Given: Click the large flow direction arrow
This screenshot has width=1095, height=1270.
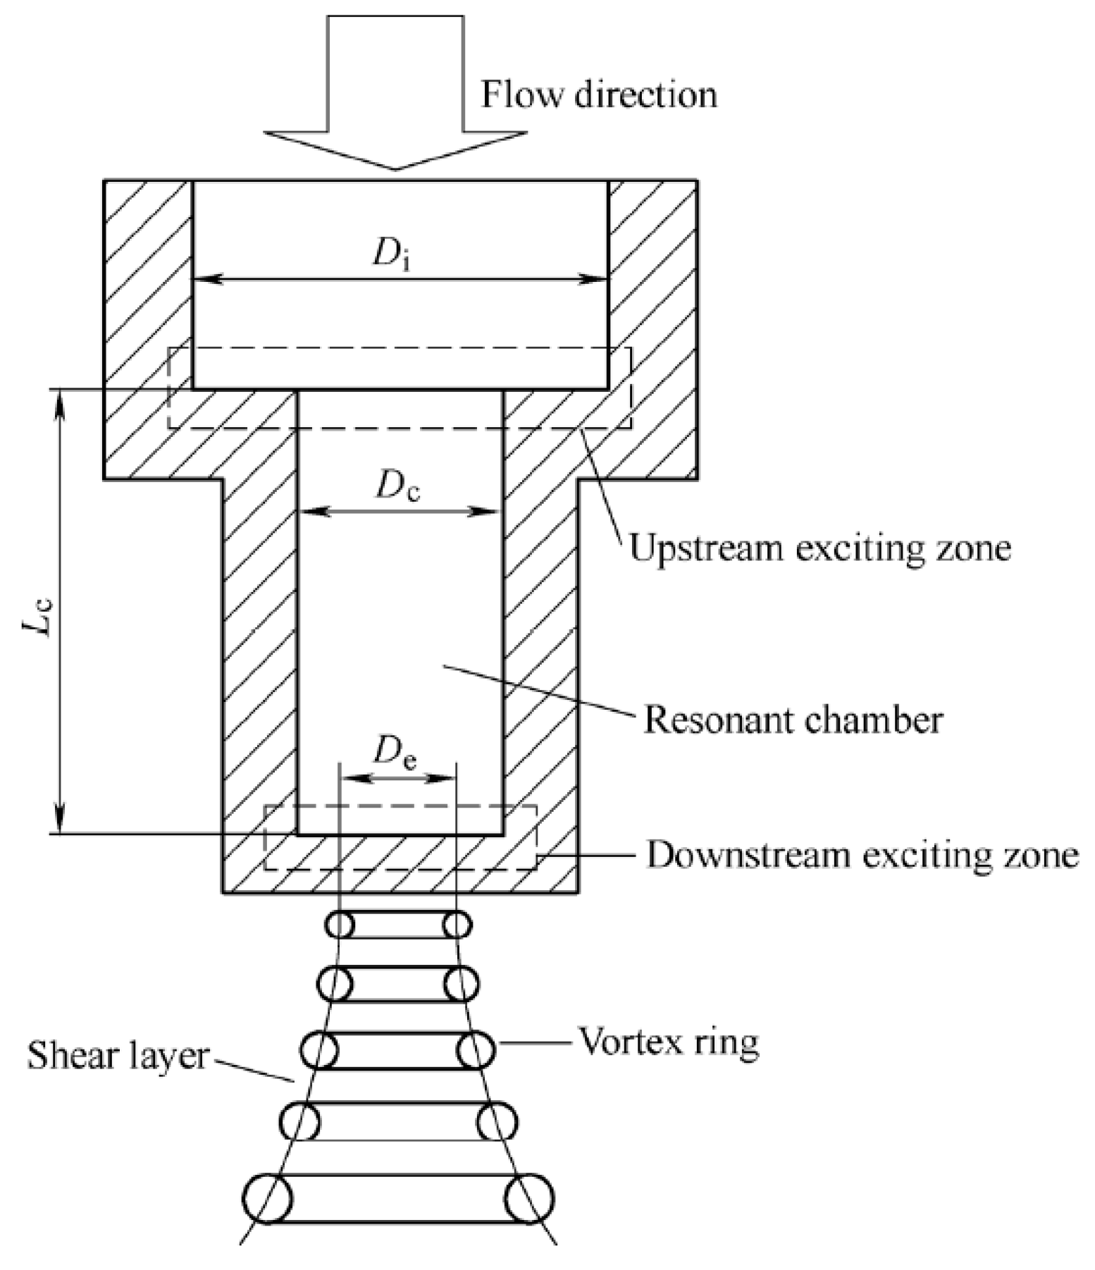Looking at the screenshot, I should (395, 92).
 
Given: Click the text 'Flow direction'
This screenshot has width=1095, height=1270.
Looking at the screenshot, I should (598, 94).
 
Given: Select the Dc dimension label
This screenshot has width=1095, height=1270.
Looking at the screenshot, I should (397, 486).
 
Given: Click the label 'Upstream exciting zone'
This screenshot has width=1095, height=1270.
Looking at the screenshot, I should (819, 548).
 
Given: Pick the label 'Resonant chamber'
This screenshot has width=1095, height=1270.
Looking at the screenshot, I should (793, 720).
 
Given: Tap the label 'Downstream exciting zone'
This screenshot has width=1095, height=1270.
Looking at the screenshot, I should (862, 854).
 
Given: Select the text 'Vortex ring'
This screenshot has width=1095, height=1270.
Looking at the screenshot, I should (669, 1041).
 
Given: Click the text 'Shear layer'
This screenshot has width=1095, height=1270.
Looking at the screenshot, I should (118, 1056).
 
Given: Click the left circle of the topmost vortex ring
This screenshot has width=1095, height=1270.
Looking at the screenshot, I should (340, 925).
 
